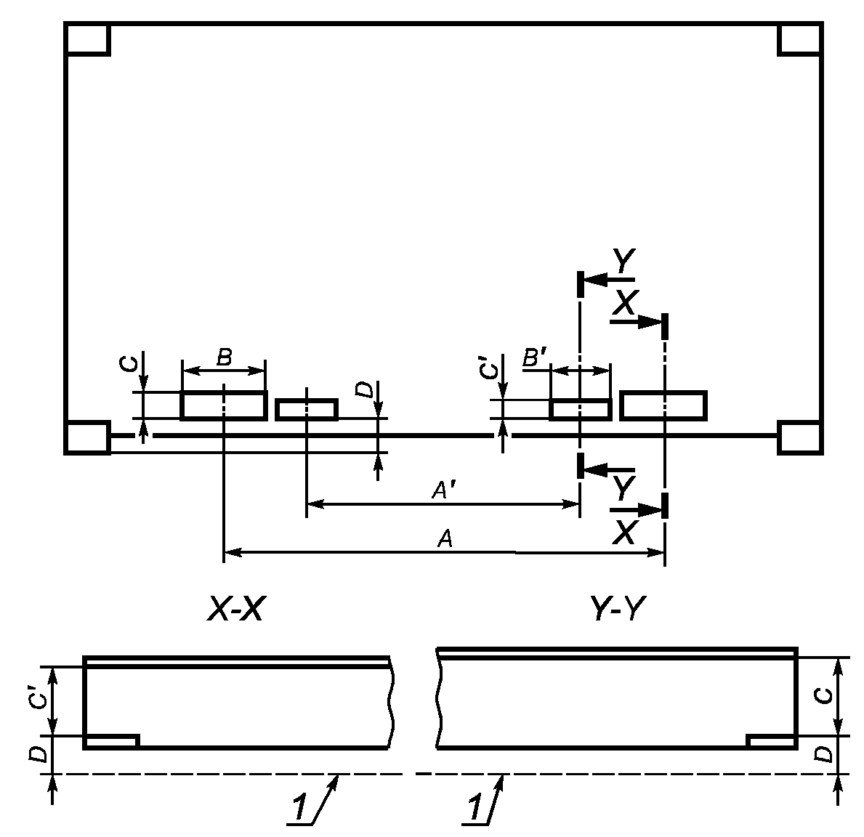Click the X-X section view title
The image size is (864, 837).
[x=234, y=611]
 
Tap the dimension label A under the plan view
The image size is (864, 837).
[x=445, y=539]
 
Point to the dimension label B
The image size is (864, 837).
[x=224, y=357]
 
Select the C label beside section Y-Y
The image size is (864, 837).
[x=823, y=695]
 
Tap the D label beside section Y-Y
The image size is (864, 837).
[x=823, y=755]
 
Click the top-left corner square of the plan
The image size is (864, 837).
[x=87, y=39]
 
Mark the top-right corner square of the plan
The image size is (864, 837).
[x=799, y=39]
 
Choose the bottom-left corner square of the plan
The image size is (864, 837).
[x=87, y=437]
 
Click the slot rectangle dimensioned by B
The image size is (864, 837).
[x=223, y=405]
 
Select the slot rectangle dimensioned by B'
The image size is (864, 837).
[x=580, y=410]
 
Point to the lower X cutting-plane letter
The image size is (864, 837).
[x=623, y=533]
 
